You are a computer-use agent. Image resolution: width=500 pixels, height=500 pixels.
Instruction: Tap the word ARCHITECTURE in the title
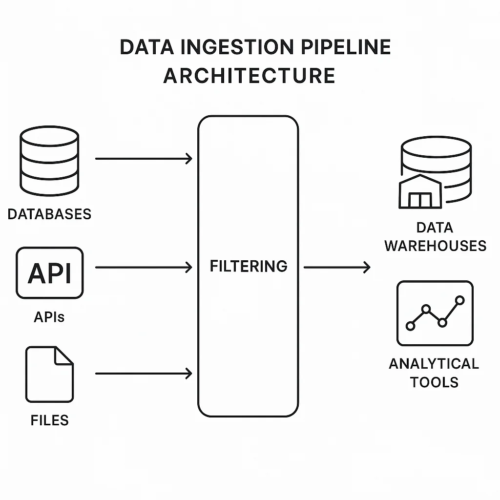250,76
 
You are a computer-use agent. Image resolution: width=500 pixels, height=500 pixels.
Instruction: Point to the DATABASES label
49,214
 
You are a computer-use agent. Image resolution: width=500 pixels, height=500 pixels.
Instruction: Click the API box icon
49,272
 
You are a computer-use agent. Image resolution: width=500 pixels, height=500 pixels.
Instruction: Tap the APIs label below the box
49,317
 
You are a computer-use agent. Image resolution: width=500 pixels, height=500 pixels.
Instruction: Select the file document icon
49,374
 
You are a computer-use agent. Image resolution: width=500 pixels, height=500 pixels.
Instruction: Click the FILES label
49,420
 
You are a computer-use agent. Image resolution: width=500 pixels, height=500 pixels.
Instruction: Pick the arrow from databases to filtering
144,159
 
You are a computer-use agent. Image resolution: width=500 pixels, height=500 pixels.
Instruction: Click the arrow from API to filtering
144,267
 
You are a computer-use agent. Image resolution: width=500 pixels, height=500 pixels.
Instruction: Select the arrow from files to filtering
144,374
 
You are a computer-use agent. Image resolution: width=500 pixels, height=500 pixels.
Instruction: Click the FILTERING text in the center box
249,266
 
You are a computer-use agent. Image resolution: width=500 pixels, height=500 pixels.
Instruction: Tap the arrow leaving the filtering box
337,267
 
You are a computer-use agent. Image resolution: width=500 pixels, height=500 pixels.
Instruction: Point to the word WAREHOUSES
435,245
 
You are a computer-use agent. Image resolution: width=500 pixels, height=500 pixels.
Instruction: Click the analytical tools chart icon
435,313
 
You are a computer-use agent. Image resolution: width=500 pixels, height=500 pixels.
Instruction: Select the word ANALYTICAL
434,364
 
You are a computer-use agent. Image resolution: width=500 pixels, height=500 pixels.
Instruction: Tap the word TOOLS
434,381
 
